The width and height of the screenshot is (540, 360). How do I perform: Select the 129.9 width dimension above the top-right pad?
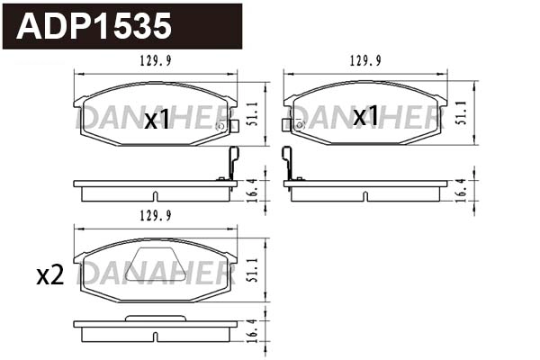pyautogui.click(x=365, y=62)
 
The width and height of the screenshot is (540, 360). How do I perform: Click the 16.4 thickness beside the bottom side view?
pyautogui.click(x=253, y=329)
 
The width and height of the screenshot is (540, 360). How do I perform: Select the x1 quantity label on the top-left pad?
pyautogui.click(x=157, y=120)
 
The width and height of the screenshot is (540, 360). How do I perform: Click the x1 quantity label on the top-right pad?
pyautogui.click(x=365, y=116)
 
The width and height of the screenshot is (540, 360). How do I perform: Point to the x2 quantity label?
pyautogui.click(x=50, y=276)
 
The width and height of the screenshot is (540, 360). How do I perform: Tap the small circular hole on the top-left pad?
pyautogui.click(x=220, y=126)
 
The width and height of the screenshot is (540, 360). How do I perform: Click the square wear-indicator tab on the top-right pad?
pyautogui.click(x=287, y=126)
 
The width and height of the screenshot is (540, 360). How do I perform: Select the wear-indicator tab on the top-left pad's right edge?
pyautogui.click(x=234, y=126)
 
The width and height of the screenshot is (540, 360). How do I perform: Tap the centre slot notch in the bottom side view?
pyautogui.click(x=155, y=337)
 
